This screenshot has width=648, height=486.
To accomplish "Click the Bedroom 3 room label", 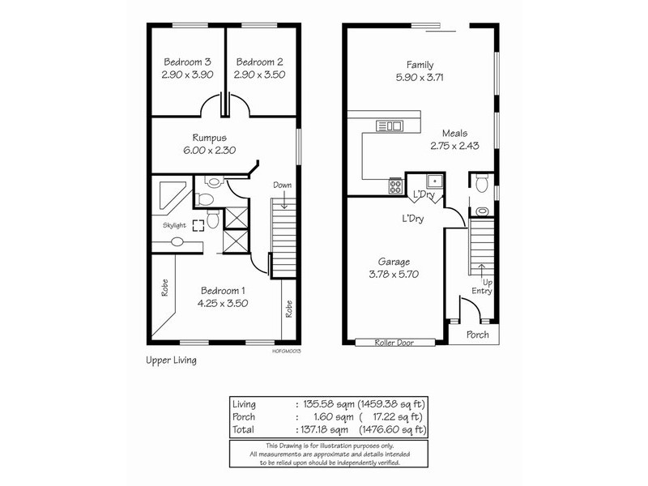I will [188, 62].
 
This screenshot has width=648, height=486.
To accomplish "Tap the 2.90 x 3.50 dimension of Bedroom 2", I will [259, 75].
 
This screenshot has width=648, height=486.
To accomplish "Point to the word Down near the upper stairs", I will [283, 185].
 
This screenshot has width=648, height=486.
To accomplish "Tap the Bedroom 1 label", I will [221, 290].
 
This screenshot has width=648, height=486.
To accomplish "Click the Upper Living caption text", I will [171, 360].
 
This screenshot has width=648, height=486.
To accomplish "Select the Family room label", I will [420, 66].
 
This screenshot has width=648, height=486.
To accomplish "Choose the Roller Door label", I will [395, 343].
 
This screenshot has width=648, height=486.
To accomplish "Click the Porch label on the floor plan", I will [477, 335].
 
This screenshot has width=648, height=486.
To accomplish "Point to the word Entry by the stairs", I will [481, 292].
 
